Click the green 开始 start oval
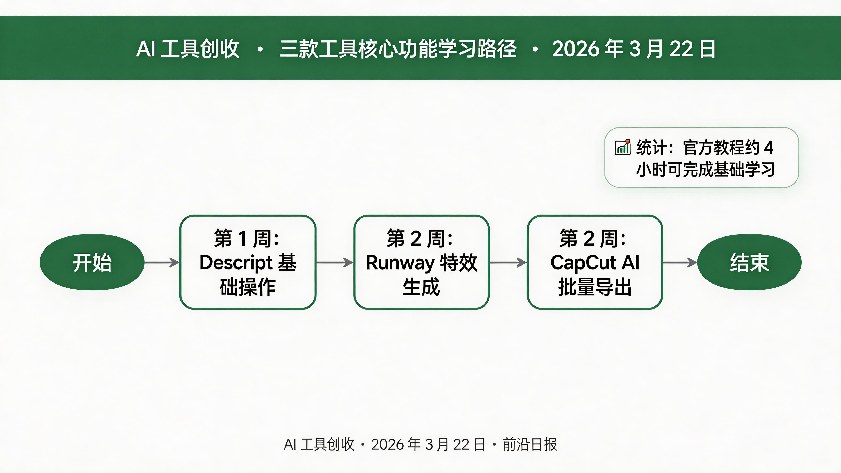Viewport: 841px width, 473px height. click(x=92, y=262)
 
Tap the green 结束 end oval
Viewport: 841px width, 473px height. click(x=749, y=262)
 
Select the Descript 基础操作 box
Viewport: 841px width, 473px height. click(x=248, y=262)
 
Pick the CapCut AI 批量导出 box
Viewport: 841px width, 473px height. click(x=595, y=262)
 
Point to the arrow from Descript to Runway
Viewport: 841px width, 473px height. click(x=335, y=262)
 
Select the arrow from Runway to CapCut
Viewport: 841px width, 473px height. click(x=508, y=262)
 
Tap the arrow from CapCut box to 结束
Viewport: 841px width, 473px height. click(x=680, y=262)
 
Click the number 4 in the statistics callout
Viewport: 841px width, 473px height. click(x=769, y=148)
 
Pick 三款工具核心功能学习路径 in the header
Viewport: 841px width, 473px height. click(x=398, y=49)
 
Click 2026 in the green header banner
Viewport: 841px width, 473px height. click(x=575, y=49)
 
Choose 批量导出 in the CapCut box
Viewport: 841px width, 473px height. click(x=595, y=287)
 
